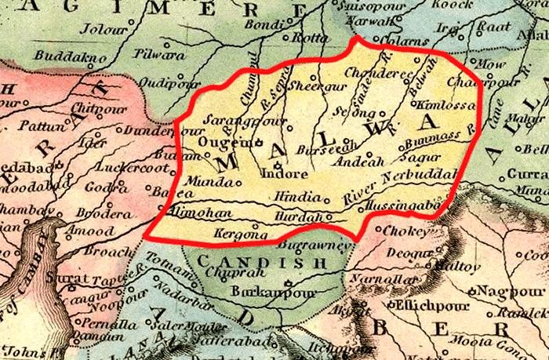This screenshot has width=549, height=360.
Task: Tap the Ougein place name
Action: (x=223, y=142)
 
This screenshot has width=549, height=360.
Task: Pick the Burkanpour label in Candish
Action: (x=260, y=293)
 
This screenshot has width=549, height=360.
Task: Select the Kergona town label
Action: (x=236, y=234)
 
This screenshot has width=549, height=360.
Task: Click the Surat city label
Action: (x=60, y=277)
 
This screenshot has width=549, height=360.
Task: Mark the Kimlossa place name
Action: (x=443, y=104)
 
